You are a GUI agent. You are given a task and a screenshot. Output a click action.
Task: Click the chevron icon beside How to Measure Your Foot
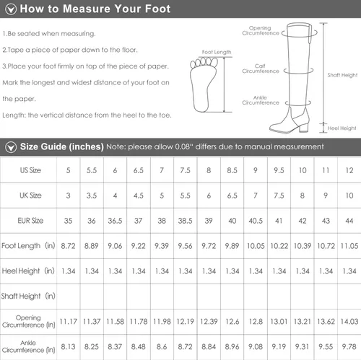click(11, 9)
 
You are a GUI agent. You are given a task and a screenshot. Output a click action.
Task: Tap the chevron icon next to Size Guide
click(11, 147)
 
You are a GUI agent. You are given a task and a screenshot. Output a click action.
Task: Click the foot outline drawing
click(204, 84)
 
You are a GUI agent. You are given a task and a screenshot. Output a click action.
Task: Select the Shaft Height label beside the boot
click(342, 75)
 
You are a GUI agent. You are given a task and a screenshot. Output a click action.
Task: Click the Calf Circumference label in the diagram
click(261, 69)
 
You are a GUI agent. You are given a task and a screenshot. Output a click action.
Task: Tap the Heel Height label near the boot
click(342, 128)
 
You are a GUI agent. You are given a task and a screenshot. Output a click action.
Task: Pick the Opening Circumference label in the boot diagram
click(261, 30)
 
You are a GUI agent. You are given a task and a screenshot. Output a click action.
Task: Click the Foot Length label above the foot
click(217, 52)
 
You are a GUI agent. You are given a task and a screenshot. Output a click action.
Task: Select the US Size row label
click(30, 170)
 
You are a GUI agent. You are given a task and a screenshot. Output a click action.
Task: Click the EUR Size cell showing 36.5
click(115, 221)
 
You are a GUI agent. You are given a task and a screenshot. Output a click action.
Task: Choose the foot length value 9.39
click(162, 246)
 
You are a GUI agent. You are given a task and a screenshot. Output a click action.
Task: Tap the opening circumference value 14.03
click(349, 322)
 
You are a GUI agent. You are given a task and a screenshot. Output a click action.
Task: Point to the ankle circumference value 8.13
click(68, 347)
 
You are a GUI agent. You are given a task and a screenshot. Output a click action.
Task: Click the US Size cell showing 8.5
click(232, 170)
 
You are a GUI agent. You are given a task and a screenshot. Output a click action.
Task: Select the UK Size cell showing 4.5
click(139, 196)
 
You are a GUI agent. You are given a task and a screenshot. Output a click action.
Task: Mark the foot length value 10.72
click(326, 246)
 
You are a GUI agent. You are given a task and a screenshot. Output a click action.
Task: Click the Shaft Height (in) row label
click(28, 296)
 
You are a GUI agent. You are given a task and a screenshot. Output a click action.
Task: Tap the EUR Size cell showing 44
click(349, 221)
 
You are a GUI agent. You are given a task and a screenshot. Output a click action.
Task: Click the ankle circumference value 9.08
click(256, 347)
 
